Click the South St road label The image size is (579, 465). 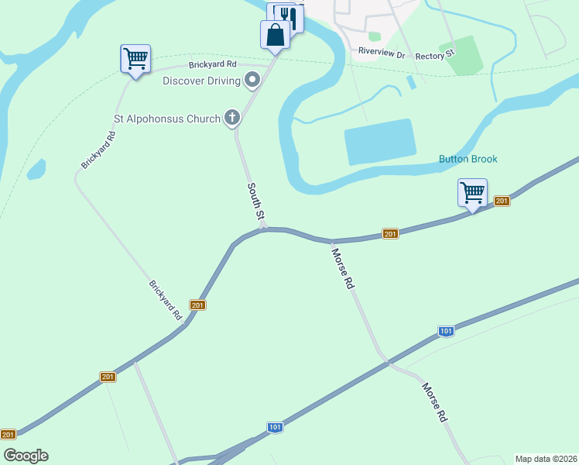255,201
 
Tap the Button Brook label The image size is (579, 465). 468,159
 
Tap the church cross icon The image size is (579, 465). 231,118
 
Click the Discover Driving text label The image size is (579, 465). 201,80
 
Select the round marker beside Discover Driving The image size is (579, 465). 252,79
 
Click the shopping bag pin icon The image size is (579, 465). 275,35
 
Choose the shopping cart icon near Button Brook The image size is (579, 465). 472,191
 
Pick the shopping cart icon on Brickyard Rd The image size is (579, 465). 135,58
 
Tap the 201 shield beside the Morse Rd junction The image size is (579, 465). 390,234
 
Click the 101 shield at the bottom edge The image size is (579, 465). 275,427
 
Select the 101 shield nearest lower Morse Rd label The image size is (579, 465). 446,331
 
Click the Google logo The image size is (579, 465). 26,456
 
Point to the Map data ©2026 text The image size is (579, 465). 546,459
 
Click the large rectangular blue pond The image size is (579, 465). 380,142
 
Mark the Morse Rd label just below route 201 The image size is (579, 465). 343,268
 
